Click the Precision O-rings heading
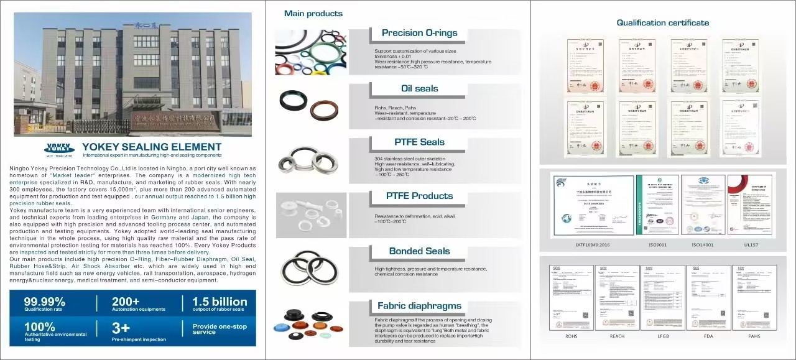pos(419,33)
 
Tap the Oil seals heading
pos(419,88)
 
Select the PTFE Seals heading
pos(419,142)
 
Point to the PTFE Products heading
pos(419,196)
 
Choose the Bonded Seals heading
pos(419,251)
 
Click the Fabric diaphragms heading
pos(419,305)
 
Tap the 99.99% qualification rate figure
pos(45,302)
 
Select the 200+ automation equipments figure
pos(126,302)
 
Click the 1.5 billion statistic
pos(220,302)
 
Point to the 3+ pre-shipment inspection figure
pos(121,328)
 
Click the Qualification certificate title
pos(662,23)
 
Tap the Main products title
pos(313,13)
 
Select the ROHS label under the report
pos(571,336)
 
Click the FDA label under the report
pos(708,336)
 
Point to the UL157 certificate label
pos(750,244)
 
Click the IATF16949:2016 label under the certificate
pos(593,244)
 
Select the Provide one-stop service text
pos(220,329)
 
